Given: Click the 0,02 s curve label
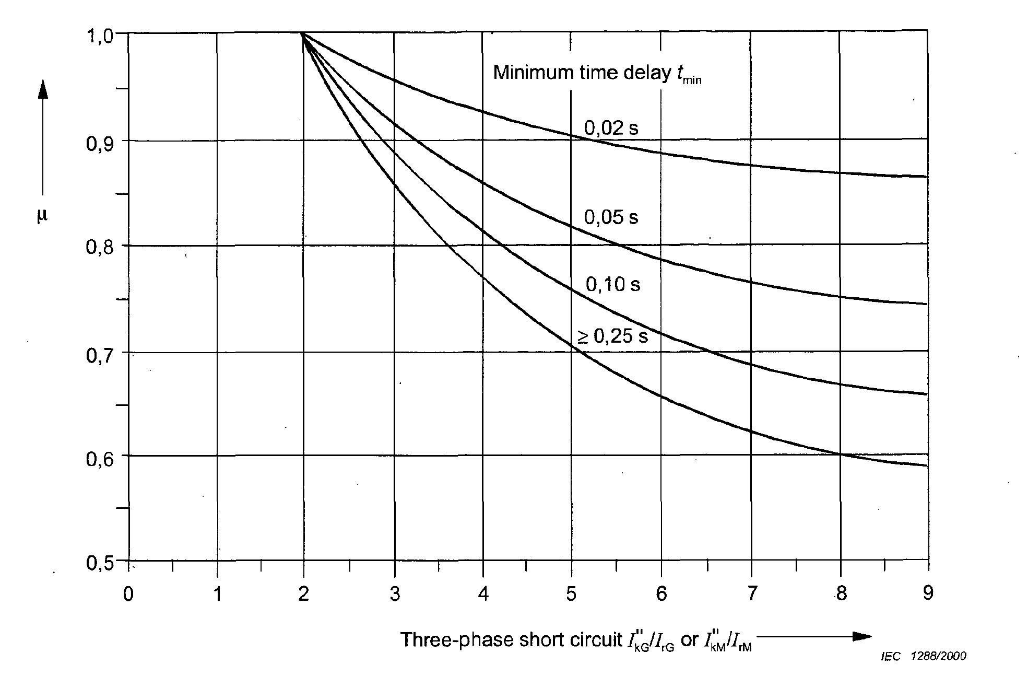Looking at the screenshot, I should (x=611, y=128).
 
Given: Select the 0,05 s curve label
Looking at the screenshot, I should (x=611, y=217).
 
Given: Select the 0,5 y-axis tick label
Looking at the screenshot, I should (x=99, y=564).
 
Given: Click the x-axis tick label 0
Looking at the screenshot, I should (x=128, y=594).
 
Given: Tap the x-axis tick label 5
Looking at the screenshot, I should (x=571, y=594).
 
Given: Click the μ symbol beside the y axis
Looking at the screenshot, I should (x=42, y=216).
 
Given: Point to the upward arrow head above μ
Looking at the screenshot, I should (x=43, y=90).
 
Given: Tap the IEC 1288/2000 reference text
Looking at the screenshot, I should (x=923, y=656).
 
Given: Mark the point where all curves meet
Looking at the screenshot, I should (x=303, y=33).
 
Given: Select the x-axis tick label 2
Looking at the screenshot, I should (x=303, y=594).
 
